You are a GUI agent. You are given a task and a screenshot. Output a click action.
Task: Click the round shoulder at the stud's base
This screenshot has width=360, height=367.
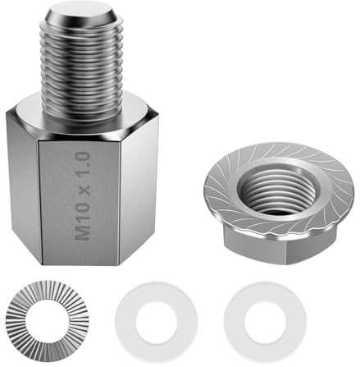click(82, 115)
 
